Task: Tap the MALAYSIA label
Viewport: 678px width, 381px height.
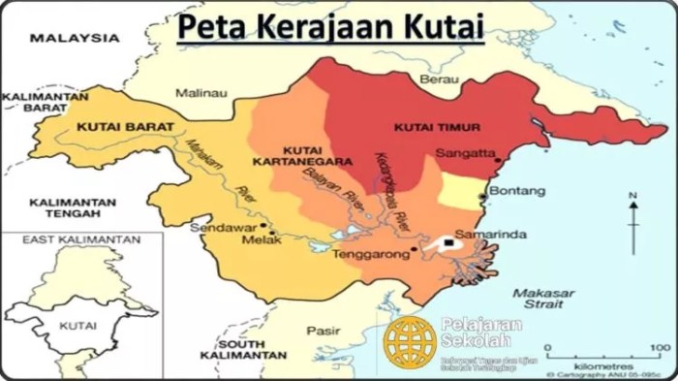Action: coord(74,38)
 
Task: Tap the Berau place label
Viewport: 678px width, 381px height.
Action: coord(441,79)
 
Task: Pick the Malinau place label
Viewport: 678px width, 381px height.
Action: coord(200,92)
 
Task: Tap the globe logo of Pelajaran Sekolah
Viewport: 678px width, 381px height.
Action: coord(409,341)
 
